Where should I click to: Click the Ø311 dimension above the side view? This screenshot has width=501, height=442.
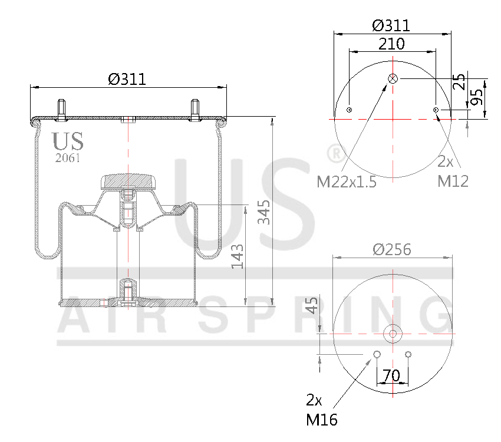coord(127,79)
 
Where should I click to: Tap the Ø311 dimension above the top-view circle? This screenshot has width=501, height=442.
coord(391,25)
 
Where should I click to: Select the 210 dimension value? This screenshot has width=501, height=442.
coord(391,44)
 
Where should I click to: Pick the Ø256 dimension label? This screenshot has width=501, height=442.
coord(392,249)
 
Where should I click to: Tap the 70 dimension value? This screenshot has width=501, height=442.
coord(391,375)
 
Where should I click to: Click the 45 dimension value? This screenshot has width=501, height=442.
coord(312,305)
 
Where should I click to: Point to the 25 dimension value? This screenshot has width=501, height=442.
coord(460,81)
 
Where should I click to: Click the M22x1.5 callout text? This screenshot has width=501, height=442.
coord(347,182)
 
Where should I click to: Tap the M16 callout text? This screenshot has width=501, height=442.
coord(322,420)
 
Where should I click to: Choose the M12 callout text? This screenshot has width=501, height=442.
coord(453,181)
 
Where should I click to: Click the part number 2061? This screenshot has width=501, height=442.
coord(67,158)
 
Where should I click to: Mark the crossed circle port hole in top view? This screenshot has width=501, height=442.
coord(393,79)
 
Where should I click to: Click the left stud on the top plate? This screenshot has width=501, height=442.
coord(61,109)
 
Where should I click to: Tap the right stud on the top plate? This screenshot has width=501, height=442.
coord(195,109)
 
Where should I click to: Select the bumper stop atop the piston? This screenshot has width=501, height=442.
coord(127,180)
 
